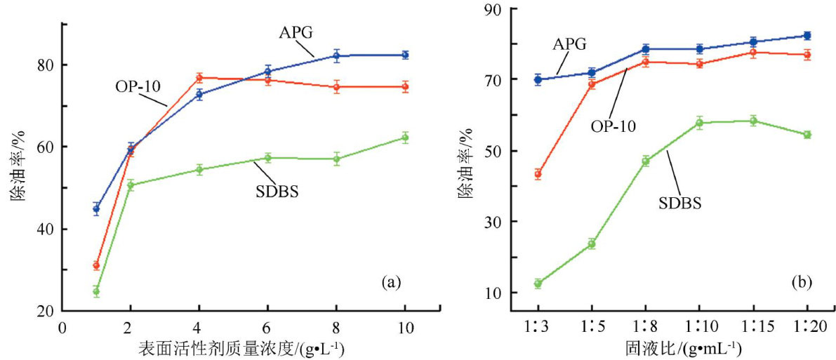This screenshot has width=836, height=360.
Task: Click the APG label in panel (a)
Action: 296,32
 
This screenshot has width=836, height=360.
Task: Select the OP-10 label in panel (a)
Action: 138,86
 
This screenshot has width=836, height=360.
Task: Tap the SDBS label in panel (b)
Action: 681,204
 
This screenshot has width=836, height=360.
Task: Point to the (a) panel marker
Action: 391,283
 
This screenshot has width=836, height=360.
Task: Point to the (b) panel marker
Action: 802,283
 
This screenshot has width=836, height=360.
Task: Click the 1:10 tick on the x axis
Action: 699,328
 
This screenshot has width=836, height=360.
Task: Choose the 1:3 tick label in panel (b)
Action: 538,328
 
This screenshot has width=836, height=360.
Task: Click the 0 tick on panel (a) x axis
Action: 62,327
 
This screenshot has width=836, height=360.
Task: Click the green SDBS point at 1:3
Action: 538,284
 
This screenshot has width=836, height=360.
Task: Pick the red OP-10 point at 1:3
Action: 538,174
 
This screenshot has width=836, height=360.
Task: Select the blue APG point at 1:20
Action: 807,36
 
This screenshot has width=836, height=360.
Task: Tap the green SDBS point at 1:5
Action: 592,244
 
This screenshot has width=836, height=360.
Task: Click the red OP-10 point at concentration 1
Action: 96,265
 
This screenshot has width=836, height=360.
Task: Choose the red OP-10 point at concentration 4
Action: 199,78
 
